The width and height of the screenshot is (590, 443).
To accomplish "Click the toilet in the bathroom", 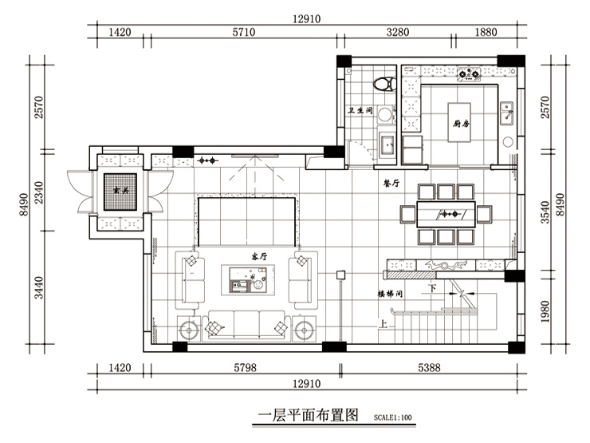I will [x=386, y=82].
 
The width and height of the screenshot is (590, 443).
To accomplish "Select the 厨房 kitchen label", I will [x=460, y=124].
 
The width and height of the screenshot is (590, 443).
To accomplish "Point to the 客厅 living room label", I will [x=259, y=257].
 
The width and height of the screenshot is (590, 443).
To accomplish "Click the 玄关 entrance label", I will [x=121, y=190].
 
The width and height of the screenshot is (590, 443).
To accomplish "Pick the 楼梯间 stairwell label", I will [x=390, y=294].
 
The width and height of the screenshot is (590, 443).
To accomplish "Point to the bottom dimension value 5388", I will [x=431, y=369].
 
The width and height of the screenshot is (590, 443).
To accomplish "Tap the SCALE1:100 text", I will [x=393, y=417].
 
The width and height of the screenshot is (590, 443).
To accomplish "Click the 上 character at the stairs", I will [x=384, y=325].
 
